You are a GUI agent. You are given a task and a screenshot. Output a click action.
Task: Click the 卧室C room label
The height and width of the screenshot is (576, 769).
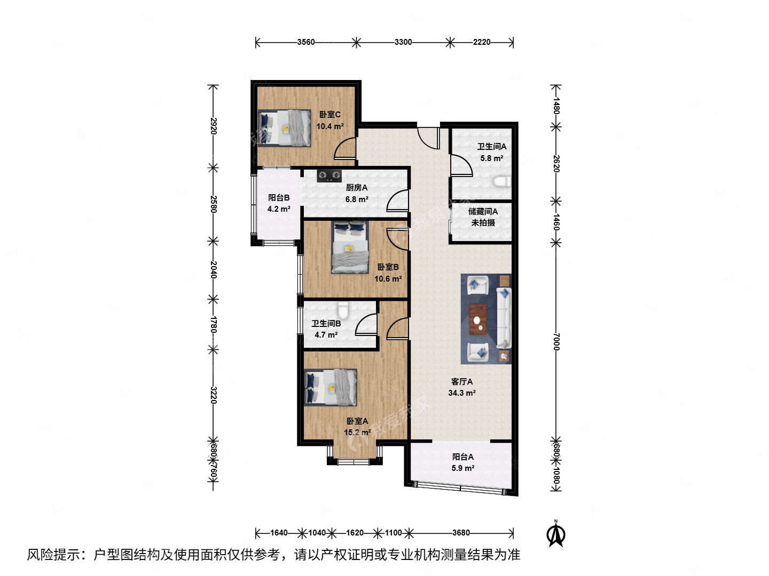point(329,115)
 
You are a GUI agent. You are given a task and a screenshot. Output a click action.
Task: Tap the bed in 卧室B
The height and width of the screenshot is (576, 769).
point(350,248)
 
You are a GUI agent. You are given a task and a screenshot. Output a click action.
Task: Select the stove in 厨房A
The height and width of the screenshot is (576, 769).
point(329,175)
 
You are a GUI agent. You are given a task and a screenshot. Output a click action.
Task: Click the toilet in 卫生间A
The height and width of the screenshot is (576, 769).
point(501,181)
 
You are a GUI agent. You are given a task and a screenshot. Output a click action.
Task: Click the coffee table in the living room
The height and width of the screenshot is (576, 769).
point(478,319)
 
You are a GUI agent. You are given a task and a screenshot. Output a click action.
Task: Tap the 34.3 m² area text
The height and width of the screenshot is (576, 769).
point(462,393)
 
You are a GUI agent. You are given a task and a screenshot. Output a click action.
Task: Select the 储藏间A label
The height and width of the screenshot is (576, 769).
point(483,212)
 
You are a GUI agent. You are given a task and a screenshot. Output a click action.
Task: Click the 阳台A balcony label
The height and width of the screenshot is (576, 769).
point(462,457)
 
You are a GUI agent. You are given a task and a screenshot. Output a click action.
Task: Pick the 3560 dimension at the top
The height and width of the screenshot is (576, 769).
point(306,42)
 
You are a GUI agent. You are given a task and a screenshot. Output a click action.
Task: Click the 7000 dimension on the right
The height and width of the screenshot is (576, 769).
point(556,341)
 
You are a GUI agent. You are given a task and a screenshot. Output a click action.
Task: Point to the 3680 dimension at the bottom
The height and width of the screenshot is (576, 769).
point(461,533)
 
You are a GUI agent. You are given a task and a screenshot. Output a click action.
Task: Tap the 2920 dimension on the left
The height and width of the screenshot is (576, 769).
point(213,126)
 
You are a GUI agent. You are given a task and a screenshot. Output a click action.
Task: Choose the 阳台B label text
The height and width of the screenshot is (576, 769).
point(279,197)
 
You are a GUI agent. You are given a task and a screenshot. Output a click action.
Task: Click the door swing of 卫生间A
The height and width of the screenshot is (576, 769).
point(460,165)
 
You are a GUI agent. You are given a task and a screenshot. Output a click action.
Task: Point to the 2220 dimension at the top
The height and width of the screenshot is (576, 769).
point(482,42)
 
